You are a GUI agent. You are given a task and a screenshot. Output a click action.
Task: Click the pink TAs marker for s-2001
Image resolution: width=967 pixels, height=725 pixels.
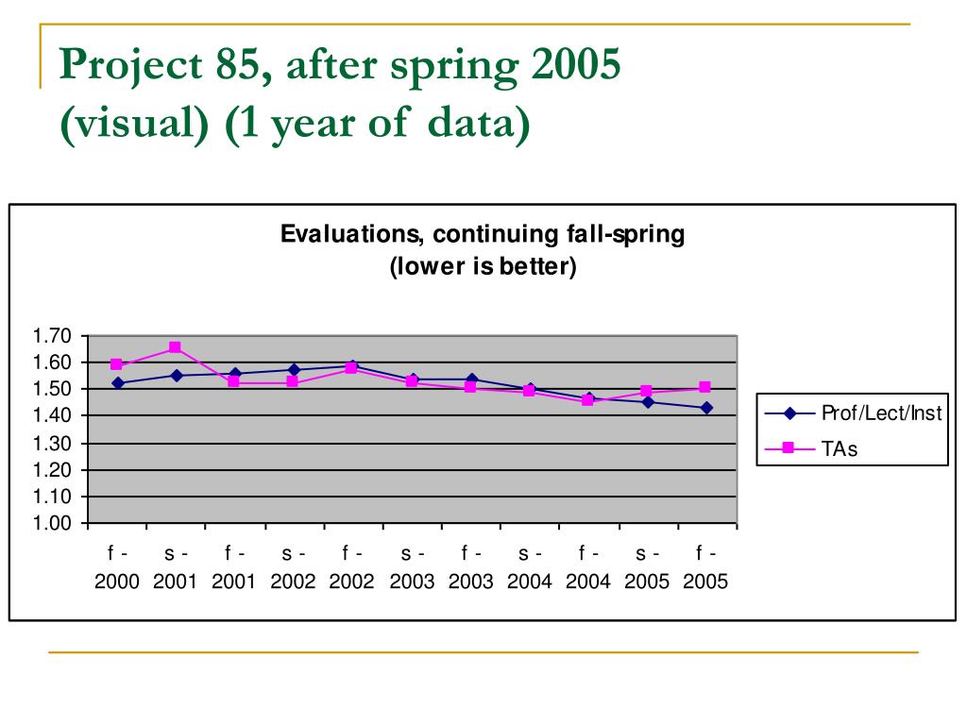(176, 347)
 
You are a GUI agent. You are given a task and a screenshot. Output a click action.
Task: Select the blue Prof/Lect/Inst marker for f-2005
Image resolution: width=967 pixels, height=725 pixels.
(705, 408)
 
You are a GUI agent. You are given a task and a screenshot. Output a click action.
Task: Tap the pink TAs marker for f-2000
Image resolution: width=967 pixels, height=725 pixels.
(117, 363)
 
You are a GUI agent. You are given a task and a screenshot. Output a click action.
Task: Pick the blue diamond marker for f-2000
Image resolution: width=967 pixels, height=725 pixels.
(117, 383)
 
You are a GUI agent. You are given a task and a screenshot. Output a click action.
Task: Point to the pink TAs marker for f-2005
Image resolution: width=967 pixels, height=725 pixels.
(705, 387)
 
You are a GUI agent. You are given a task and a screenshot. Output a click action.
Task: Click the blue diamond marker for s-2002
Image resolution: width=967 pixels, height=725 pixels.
(294, 370)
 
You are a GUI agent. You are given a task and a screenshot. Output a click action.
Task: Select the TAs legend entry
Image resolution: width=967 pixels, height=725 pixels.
(839, 448)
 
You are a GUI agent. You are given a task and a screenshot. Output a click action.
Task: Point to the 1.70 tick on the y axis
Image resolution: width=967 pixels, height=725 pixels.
(52, 336)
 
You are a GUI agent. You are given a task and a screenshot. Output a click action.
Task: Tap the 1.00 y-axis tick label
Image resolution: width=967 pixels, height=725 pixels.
(52, 523)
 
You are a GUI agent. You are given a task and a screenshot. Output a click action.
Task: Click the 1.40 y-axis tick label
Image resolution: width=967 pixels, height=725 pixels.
(52, 416)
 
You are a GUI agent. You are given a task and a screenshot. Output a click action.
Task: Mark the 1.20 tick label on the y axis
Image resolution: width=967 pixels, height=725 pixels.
(52, 470)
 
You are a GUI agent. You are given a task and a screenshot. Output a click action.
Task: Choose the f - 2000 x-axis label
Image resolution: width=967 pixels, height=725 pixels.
(117, 567)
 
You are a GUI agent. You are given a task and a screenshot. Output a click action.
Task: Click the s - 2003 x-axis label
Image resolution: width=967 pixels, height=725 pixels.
(412, 567)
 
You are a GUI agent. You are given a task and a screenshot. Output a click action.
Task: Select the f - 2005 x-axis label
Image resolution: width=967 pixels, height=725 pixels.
(705, 567)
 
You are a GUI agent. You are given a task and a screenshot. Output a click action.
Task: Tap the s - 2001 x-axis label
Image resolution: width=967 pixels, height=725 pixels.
(176, 567)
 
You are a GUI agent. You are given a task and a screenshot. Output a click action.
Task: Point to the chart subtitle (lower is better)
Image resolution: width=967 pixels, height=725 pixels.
(483, 266)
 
